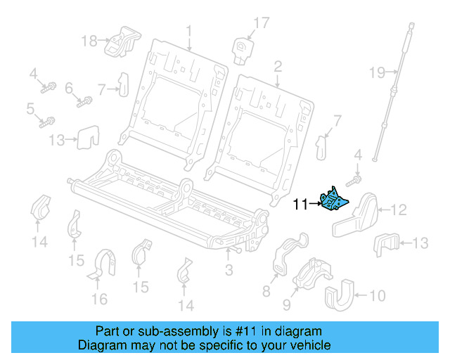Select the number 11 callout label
pyautogui.click(x=300, y=205)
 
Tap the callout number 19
pyautogui.click(x=378, y=72)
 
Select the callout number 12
pyautogui.click(x=399, y=209)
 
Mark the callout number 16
pyautogui.click(x=99, y=299)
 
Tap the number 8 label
pyautogui.click(x=267, y=290)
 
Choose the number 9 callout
pyautogui.click(x=287, y=304)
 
